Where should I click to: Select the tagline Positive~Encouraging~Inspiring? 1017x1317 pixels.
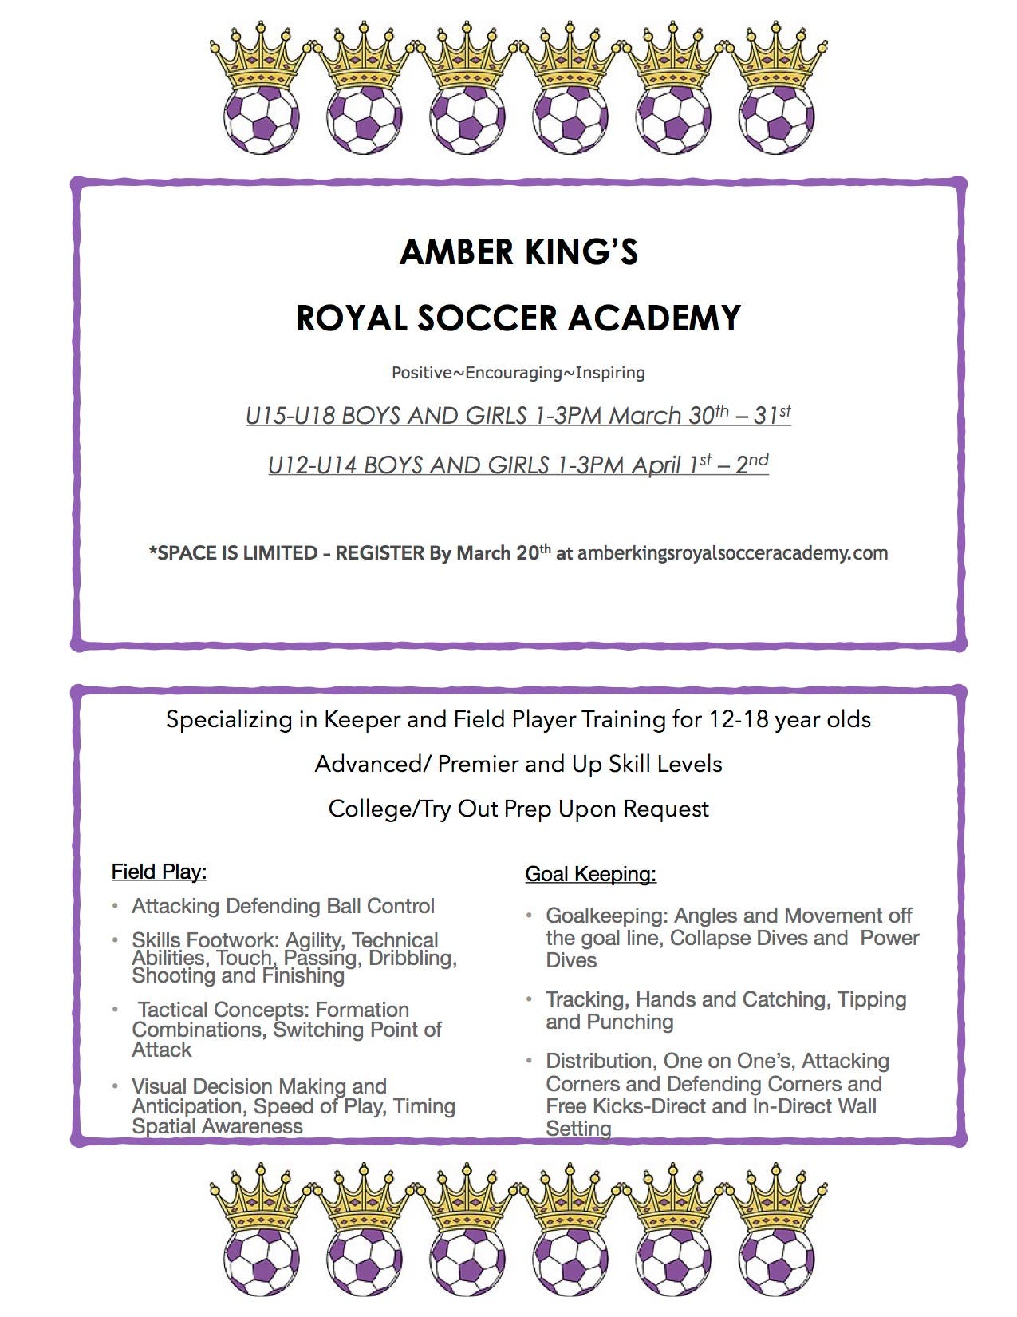click(x=518, y=373)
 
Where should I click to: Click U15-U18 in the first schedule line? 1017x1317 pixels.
click(x=290, y=416)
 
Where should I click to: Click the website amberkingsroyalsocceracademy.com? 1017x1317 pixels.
click(x=732, y=553)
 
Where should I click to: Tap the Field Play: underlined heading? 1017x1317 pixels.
click(x=159, y=872)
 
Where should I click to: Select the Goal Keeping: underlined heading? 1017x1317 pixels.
click(x=590, y=874)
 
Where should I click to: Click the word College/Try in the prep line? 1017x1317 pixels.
click(x=390, y=809)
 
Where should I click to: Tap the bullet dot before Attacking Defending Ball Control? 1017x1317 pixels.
click(x=116, y=906)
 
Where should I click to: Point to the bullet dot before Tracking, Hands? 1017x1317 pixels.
click(x=529, y=999)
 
